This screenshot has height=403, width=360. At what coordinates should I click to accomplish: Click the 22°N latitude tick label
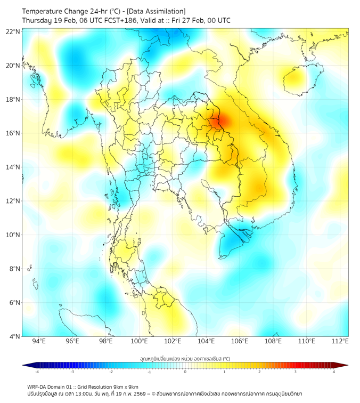click(13, 31)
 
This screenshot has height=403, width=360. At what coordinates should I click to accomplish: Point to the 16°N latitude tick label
click(13, 133)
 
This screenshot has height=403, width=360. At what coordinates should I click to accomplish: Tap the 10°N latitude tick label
click(13, 235)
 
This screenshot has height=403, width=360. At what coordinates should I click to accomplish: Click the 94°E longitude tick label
click(39, 341)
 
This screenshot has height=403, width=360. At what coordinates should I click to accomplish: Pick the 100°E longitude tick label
click(140, 341)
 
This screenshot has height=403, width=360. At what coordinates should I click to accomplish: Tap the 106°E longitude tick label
click(240, 341)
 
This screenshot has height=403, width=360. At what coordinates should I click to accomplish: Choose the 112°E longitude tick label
click(340, 341)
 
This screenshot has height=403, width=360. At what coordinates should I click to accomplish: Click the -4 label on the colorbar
click(37, 372)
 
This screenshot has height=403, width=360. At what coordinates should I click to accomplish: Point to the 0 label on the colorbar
click(185, 372)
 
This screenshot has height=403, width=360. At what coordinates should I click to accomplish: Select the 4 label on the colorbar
click(334, 372)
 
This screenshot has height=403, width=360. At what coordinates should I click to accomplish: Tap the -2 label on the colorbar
click(111, 372)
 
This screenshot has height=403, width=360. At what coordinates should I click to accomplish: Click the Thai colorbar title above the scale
click(185, 359)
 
